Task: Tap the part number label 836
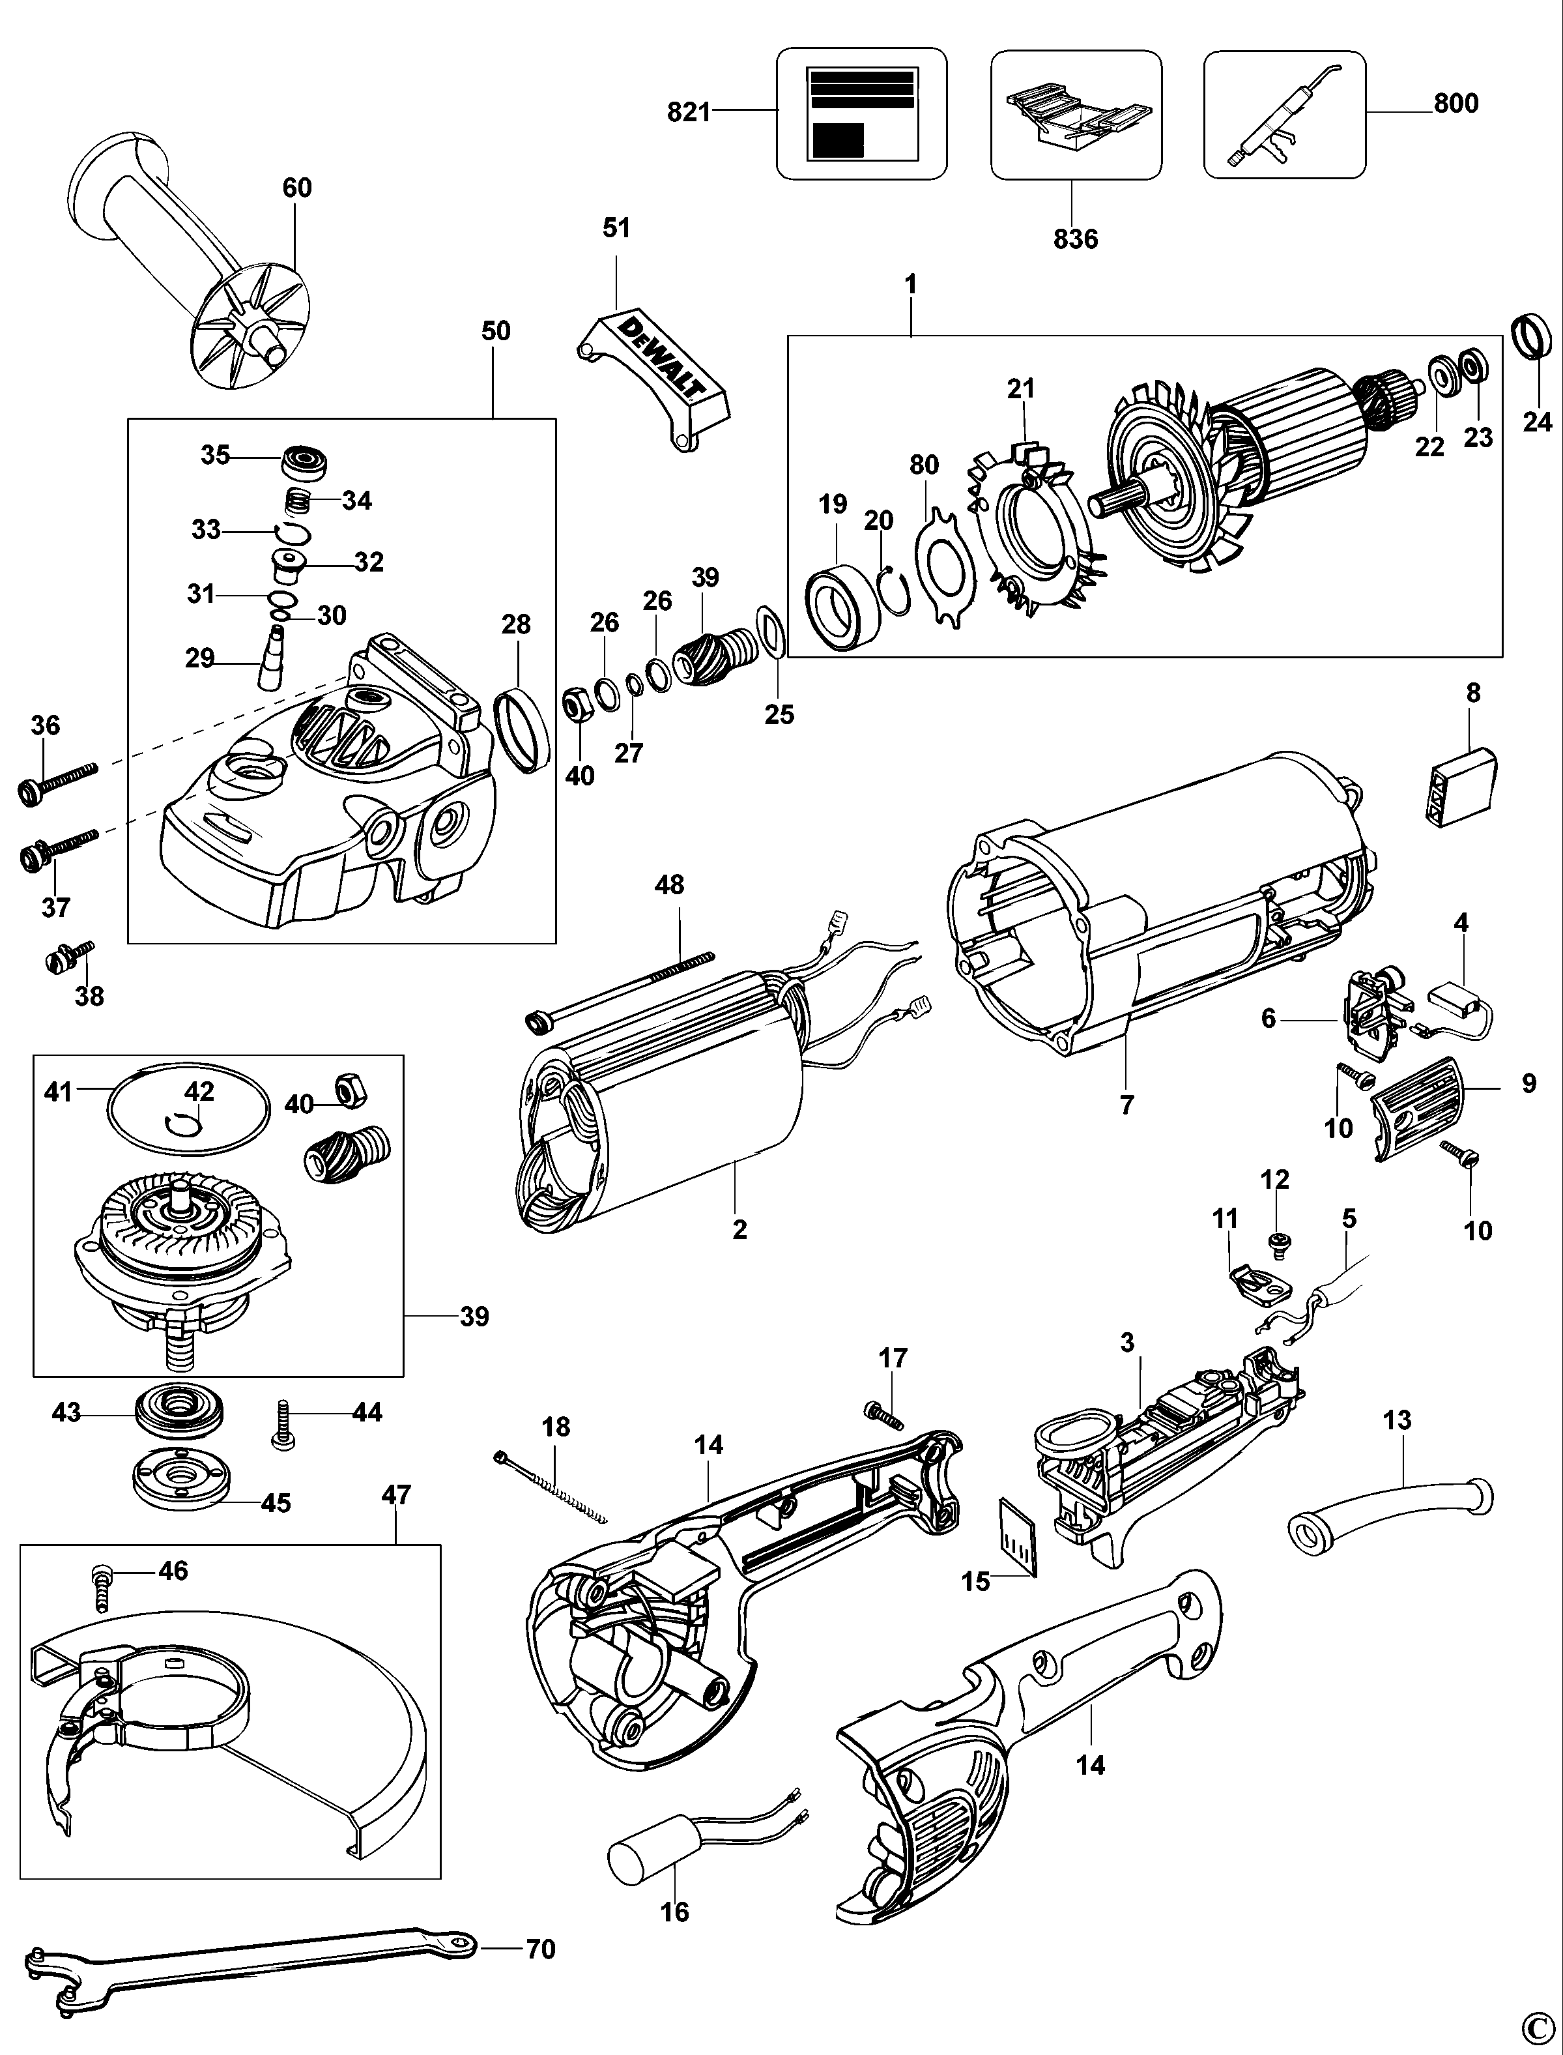[x=1076, y=239]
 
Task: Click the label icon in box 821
[x=861, y=113]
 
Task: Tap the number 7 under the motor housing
[x=1126, y=1105]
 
